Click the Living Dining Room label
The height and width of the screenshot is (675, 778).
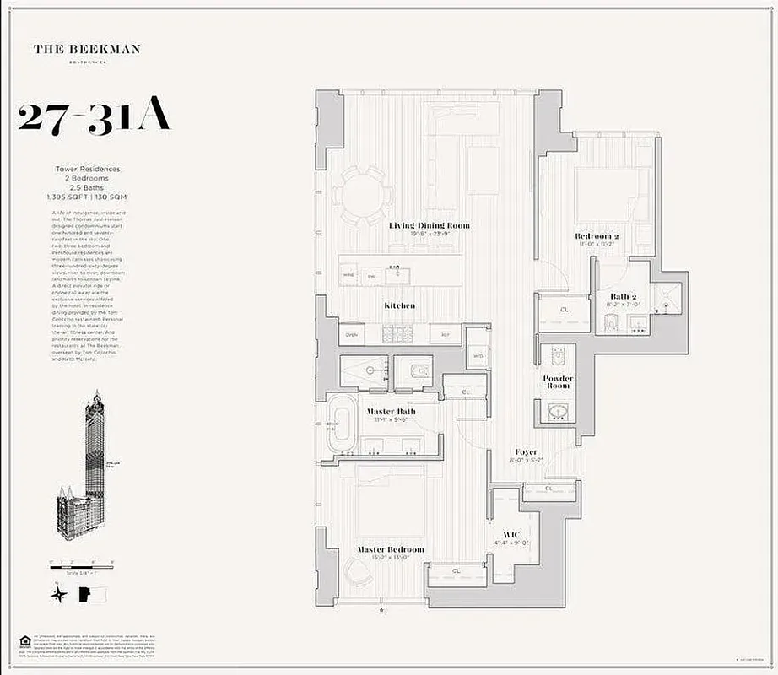point(429,226)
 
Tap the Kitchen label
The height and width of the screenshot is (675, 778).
point(399,305)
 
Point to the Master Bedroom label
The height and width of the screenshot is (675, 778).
point(390,550)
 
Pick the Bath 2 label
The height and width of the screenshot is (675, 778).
point(628,296)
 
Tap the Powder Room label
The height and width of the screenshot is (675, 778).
point(558,382)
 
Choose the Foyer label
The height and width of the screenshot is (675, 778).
point(525,452)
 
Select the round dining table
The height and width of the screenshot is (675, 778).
point(361,196)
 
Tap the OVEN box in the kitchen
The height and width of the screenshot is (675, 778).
point(352,334)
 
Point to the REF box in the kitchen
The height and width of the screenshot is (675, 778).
point(445,335)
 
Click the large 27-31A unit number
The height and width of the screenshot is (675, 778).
point(94,117)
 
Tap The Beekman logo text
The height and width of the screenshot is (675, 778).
point(87,49)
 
